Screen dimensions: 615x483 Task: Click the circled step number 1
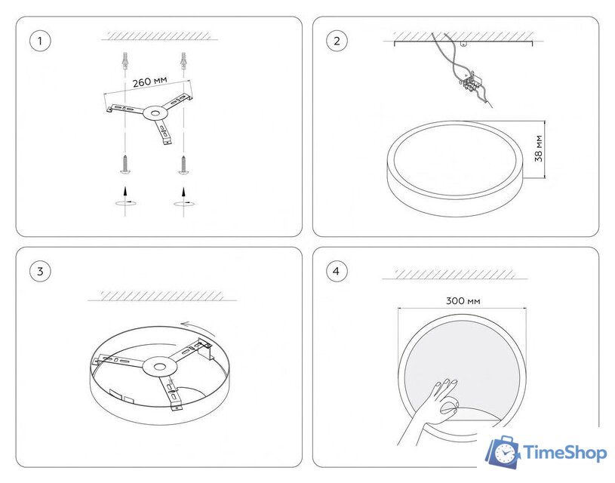(x=40, y=41)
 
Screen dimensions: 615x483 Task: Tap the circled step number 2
(x=337, y=41)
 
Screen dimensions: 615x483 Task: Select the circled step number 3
(x=40, y=271)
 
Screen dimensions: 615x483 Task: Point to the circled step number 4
(x=337, y=271)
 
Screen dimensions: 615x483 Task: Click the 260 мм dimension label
(x=150, y=82)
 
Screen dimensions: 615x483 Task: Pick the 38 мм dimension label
(x=539, y=149)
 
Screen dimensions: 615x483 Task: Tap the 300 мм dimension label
(x=463, y=301)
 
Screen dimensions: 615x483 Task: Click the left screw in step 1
(x=125, y=164)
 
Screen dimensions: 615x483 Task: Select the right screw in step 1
(x=183, y=165)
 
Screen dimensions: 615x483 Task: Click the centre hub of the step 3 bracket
(x=160, y=367)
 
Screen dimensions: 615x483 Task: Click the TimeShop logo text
(x=564, y=453)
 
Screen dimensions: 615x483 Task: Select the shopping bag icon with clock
(x=503, y=451)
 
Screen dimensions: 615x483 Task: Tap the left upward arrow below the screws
(x=125, y=191)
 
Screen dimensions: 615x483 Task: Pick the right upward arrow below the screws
(x=183, y=192)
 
